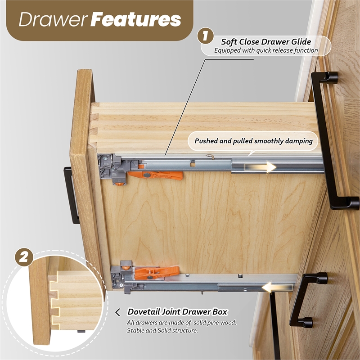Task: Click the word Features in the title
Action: pos(136,19)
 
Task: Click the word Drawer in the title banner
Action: pos(54,19)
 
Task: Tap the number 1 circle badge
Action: pos(206,36)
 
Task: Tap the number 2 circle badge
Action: pos(24,257)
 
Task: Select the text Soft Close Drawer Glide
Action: pos(266,42)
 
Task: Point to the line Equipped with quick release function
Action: pos(266,50)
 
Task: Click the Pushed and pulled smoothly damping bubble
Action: pos(253,141)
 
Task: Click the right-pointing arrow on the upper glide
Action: pos(260,167)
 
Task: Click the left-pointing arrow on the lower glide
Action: pos(277,288)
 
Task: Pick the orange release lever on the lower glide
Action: pos(157,272)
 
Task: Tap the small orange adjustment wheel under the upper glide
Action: pos(119,184)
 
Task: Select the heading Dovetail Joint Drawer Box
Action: pos(177,312)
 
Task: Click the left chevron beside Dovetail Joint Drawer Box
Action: pos(117,312)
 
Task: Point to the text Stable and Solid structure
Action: pos(162,330)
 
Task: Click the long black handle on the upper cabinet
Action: pos(332,140)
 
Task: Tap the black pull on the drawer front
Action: pos(71,195)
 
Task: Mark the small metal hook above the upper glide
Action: pos(211,156)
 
